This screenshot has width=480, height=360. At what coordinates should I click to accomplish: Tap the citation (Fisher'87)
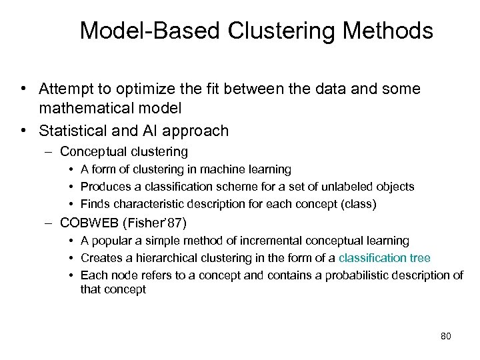pos(159,223)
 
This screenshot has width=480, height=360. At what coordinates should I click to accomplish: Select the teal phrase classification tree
pos(385,258)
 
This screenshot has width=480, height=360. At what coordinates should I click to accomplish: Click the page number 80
pos(446,336)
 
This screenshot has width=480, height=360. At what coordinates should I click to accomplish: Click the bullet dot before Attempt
pos(23,89)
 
